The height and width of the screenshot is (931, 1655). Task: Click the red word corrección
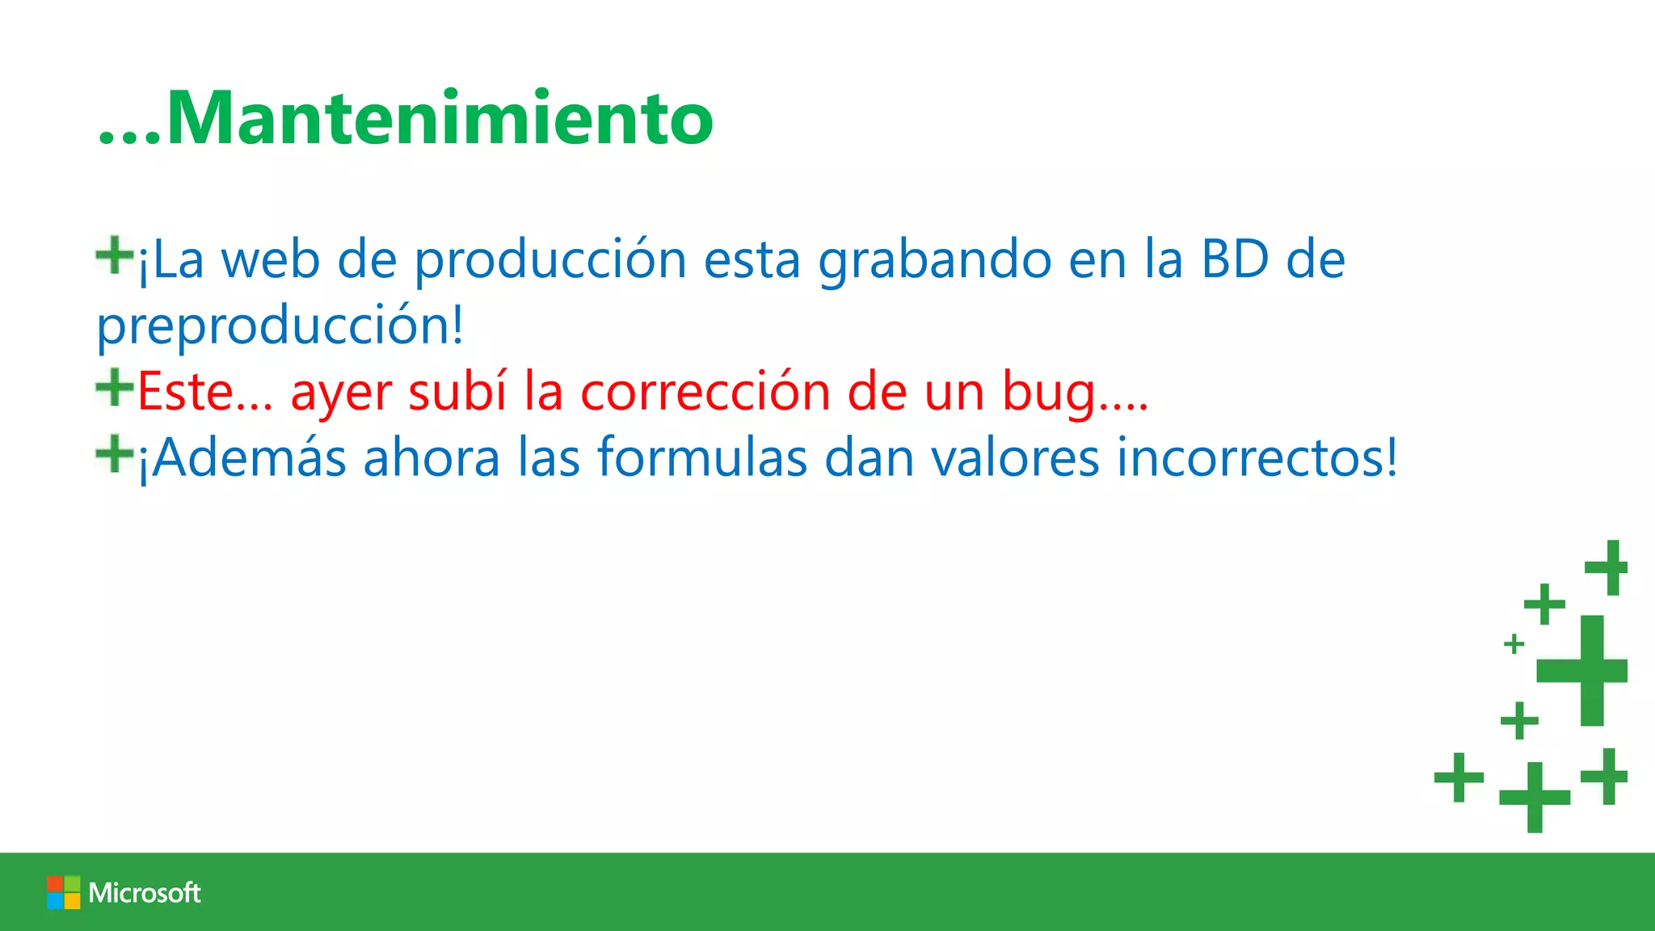coord(705,392)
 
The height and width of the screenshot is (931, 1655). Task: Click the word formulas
coord(701,457)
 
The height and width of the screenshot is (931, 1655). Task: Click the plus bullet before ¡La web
coord(114,255)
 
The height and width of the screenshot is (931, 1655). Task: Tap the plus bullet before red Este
coord(114,387)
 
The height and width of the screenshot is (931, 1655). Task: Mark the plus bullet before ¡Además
coord(114,453)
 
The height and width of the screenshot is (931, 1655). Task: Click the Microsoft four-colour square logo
coord(63,892)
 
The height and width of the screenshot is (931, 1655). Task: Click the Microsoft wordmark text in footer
coord(145,893)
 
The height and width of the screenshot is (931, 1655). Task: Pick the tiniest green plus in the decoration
coord(1514,644)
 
